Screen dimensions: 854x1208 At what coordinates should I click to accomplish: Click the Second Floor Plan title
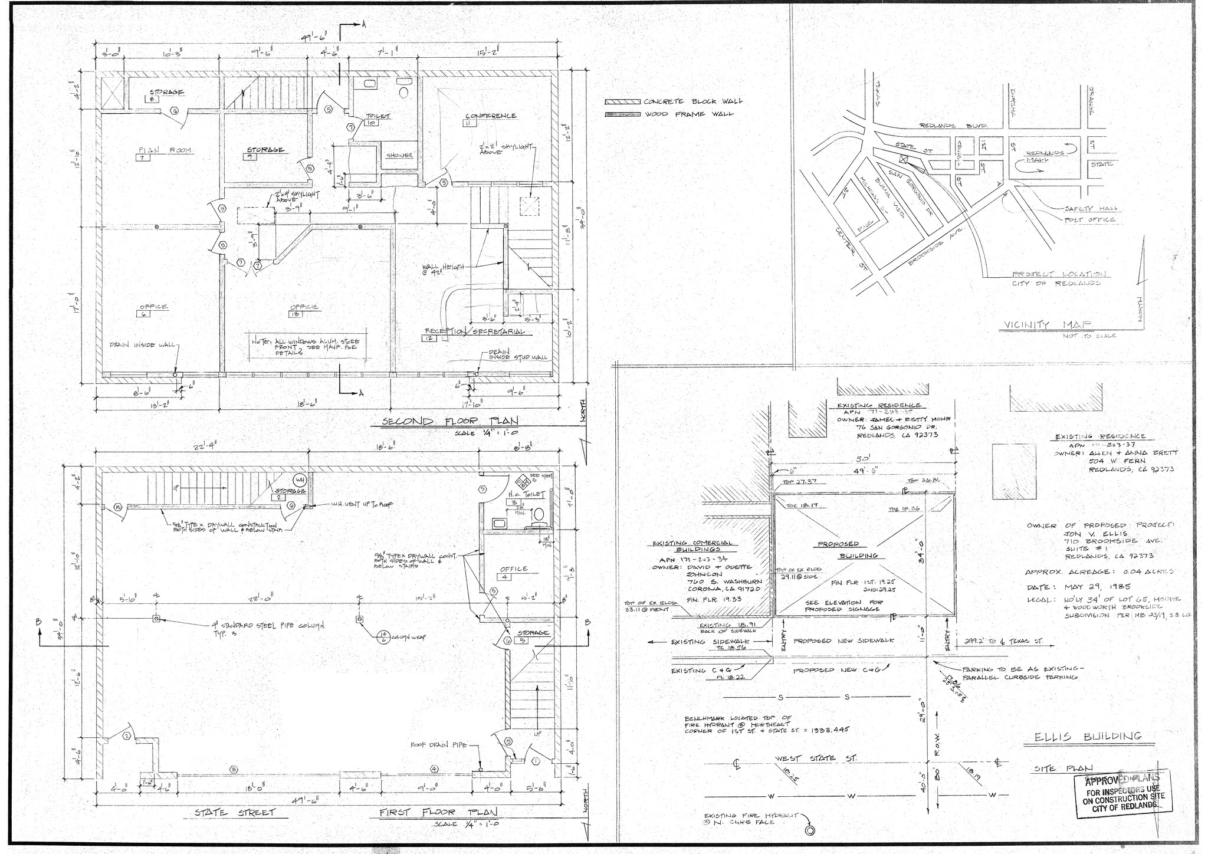(450, 421)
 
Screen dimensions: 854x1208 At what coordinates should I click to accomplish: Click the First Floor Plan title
(438, 812)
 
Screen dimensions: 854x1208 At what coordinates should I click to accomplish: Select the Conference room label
(491, 116)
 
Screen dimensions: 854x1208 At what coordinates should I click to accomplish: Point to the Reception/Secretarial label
(475, 331)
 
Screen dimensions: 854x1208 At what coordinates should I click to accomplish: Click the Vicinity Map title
(1046, 324)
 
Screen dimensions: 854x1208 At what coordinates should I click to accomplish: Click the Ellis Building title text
(1087, 737)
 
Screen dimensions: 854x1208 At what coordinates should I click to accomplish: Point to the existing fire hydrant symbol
(810, 830)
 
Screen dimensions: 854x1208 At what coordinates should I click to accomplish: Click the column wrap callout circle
(383, 636)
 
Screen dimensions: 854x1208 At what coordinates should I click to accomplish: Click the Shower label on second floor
(399, 156)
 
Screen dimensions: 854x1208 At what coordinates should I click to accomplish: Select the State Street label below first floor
(235, 813)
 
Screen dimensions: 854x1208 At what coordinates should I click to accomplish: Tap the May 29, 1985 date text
(1095, 587)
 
